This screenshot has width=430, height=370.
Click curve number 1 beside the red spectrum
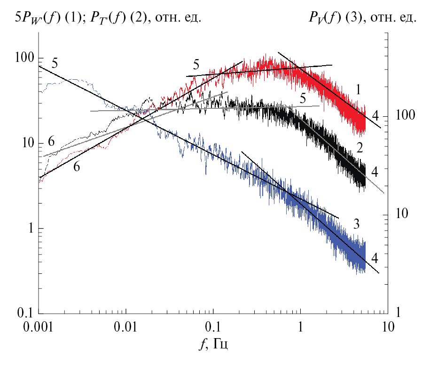point(358,90)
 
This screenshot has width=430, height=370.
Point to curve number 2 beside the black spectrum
point(359,149)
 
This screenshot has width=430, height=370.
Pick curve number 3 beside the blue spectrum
point(357,224)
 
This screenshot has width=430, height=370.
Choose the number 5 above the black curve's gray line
point(303,98)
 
